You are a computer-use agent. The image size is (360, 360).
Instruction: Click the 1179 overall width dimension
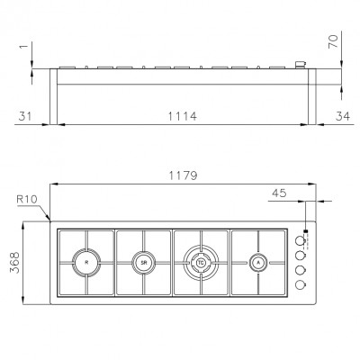pyautogui.click(x=183, y=175)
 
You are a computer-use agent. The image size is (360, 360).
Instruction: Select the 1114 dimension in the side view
pyautogui.click(x=182, y=116)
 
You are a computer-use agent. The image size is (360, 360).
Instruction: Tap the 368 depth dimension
pyautogui.click(x=14, y=263)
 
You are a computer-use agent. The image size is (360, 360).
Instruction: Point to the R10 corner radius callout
pyautogui.click(x=27, y=199)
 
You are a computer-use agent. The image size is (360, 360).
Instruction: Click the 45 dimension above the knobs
pyautogui.click(x=279, y=193)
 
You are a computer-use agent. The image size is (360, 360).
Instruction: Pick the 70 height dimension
pyautogui.click(x=333, y=41)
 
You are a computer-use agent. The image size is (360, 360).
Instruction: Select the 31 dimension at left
pyautogui.click(x=25, y=116)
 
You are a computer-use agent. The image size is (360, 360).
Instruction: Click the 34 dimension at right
pyautogui.click(x=343, y=116)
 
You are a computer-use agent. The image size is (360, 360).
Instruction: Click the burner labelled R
pyautogui.click(x=86, y=263)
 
